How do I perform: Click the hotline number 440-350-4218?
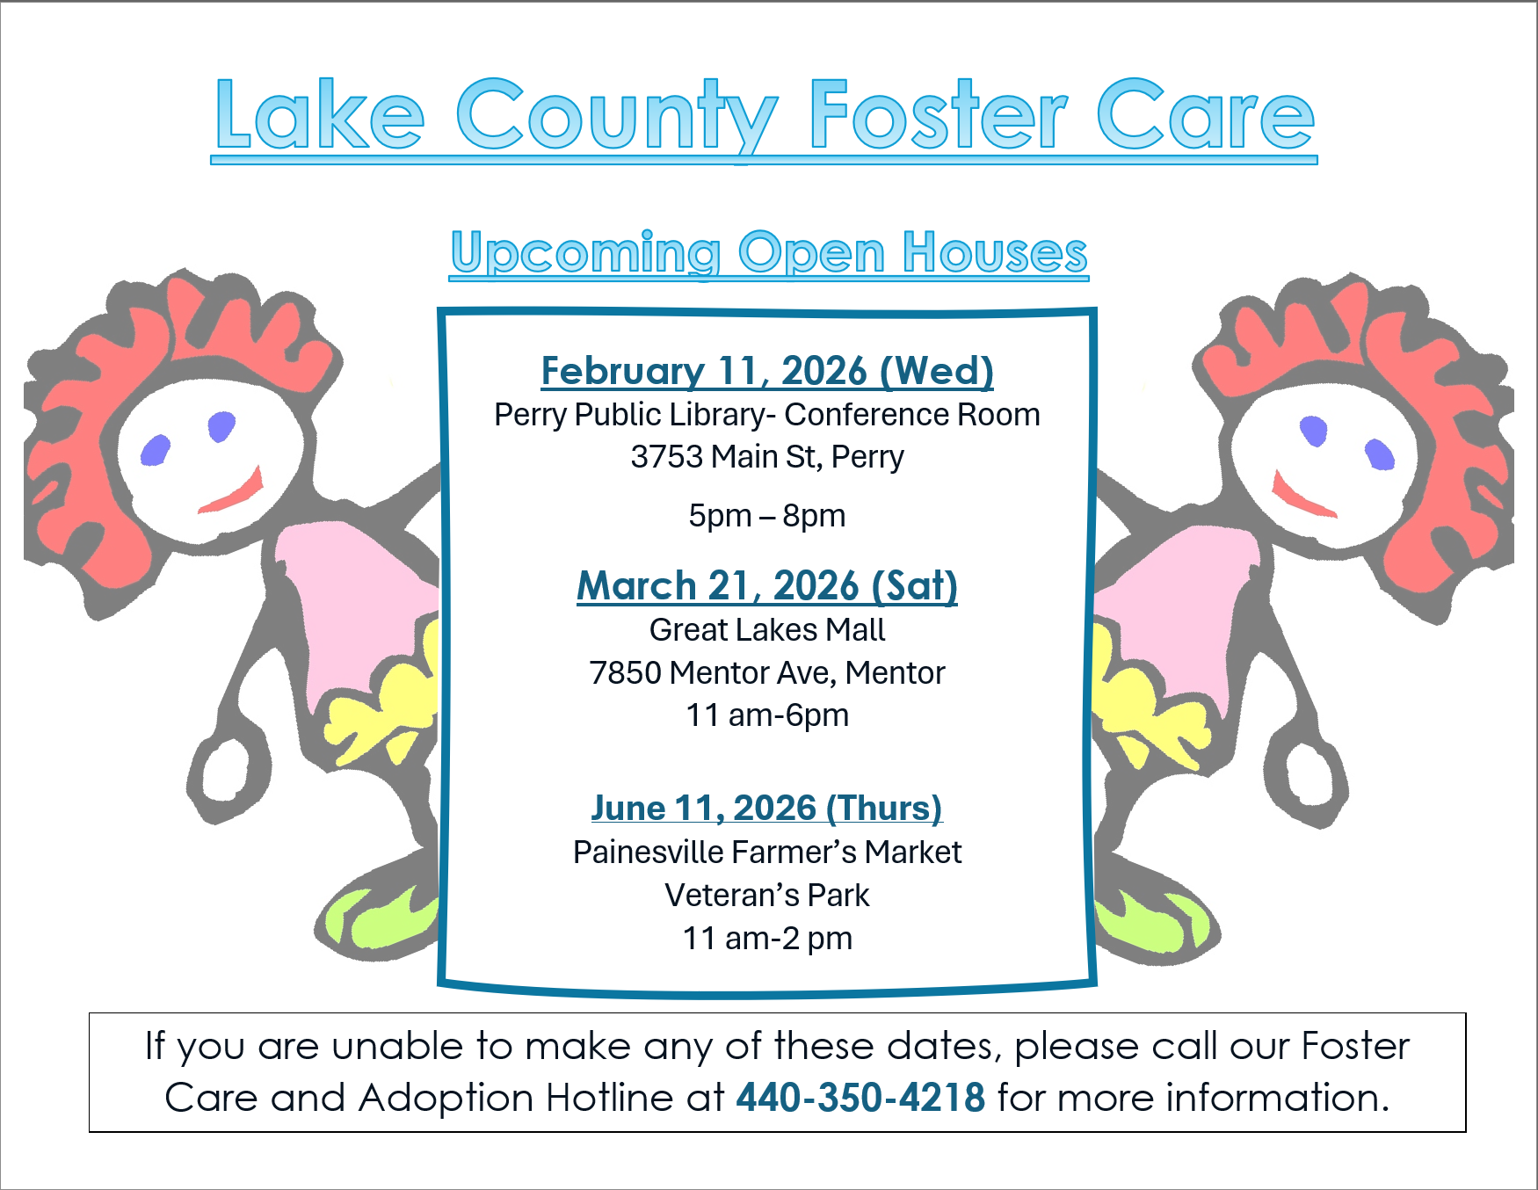point(860,1097)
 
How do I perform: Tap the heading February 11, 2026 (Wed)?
point(767,371)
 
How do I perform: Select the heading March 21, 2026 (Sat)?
point(767,585)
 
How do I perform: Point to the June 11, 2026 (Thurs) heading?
point(766,808)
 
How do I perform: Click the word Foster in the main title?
point(938,115)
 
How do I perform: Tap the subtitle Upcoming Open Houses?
point(769,253)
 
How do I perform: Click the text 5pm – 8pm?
point(767,516)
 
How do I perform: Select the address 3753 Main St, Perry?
point(767,457)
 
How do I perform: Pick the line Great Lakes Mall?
point(767,629)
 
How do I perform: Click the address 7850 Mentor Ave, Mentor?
point(767,673)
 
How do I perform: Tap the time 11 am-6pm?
point(767,715)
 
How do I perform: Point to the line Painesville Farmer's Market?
point(767,852)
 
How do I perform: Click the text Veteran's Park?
point(767,895)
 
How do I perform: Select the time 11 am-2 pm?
point(767,939)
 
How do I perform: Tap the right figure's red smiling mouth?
point(1302,497)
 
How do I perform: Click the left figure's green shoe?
point(382,918)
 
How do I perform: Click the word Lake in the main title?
point(320,114)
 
